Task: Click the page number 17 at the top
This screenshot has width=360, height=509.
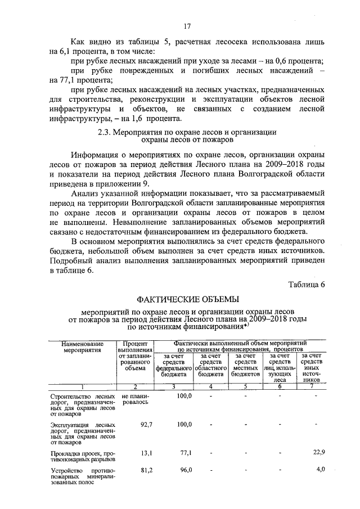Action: [188, 26]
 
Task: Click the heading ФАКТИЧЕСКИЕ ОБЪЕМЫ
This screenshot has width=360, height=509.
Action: [188, 298]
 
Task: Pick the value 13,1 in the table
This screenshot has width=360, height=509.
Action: [146, 452]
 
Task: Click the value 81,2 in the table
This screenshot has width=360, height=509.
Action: [146, 469]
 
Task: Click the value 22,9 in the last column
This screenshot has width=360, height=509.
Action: [318, 452]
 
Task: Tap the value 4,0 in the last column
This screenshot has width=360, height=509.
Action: [321, 469]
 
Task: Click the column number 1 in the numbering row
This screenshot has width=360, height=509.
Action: [82, 386]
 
